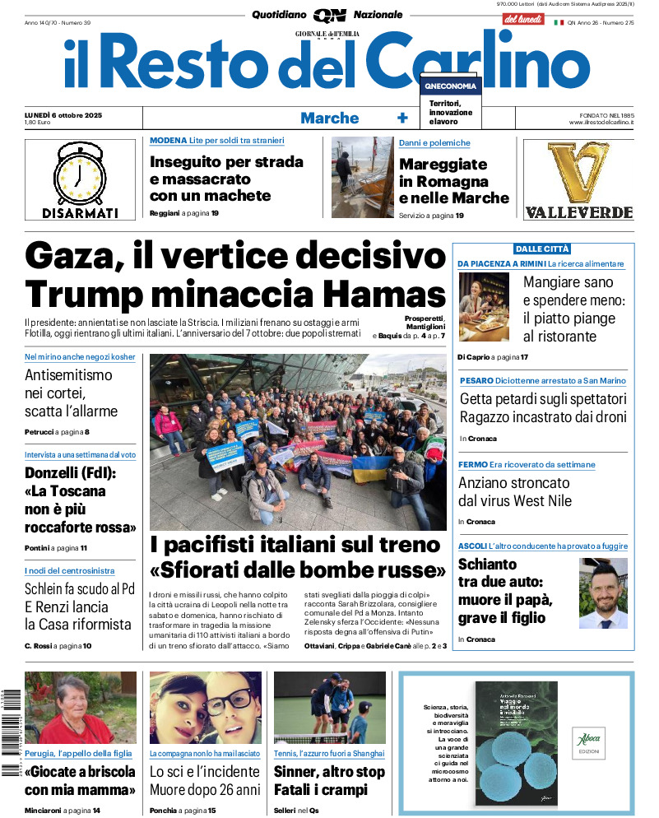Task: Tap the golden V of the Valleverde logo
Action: pos(578,171)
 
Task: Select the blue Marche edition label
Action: pos(329,118)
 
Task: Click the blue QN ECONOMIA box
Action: pos(450,86)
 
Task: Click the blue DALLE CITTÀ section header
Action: pos(543,249)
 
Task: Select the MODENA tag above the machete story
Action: pos(168,141)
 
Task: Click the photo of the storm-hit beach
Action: pos(362,177)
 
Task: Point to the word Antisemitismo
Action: pos(69,375)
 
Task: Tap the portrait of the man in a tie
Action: pos(603,593)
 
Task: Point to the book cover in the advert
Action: pos(516,742)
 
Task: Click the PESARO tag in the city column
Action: pos(476,381)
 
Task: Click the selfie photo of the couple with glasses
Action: pos(206,708)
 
